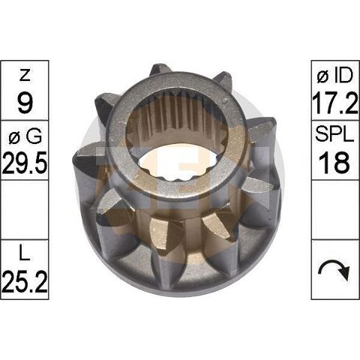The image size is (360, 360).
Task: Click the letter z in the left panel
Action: tap(25, 75)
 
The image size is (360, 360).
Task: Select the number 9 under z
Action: tap(25, 103)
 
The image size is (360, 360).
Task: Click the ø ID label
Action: tap(335, 75)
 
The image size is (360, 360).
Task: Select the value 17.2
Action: tap(335, 103)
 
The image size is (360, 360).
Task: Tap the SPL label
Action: tap(334, 135)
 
